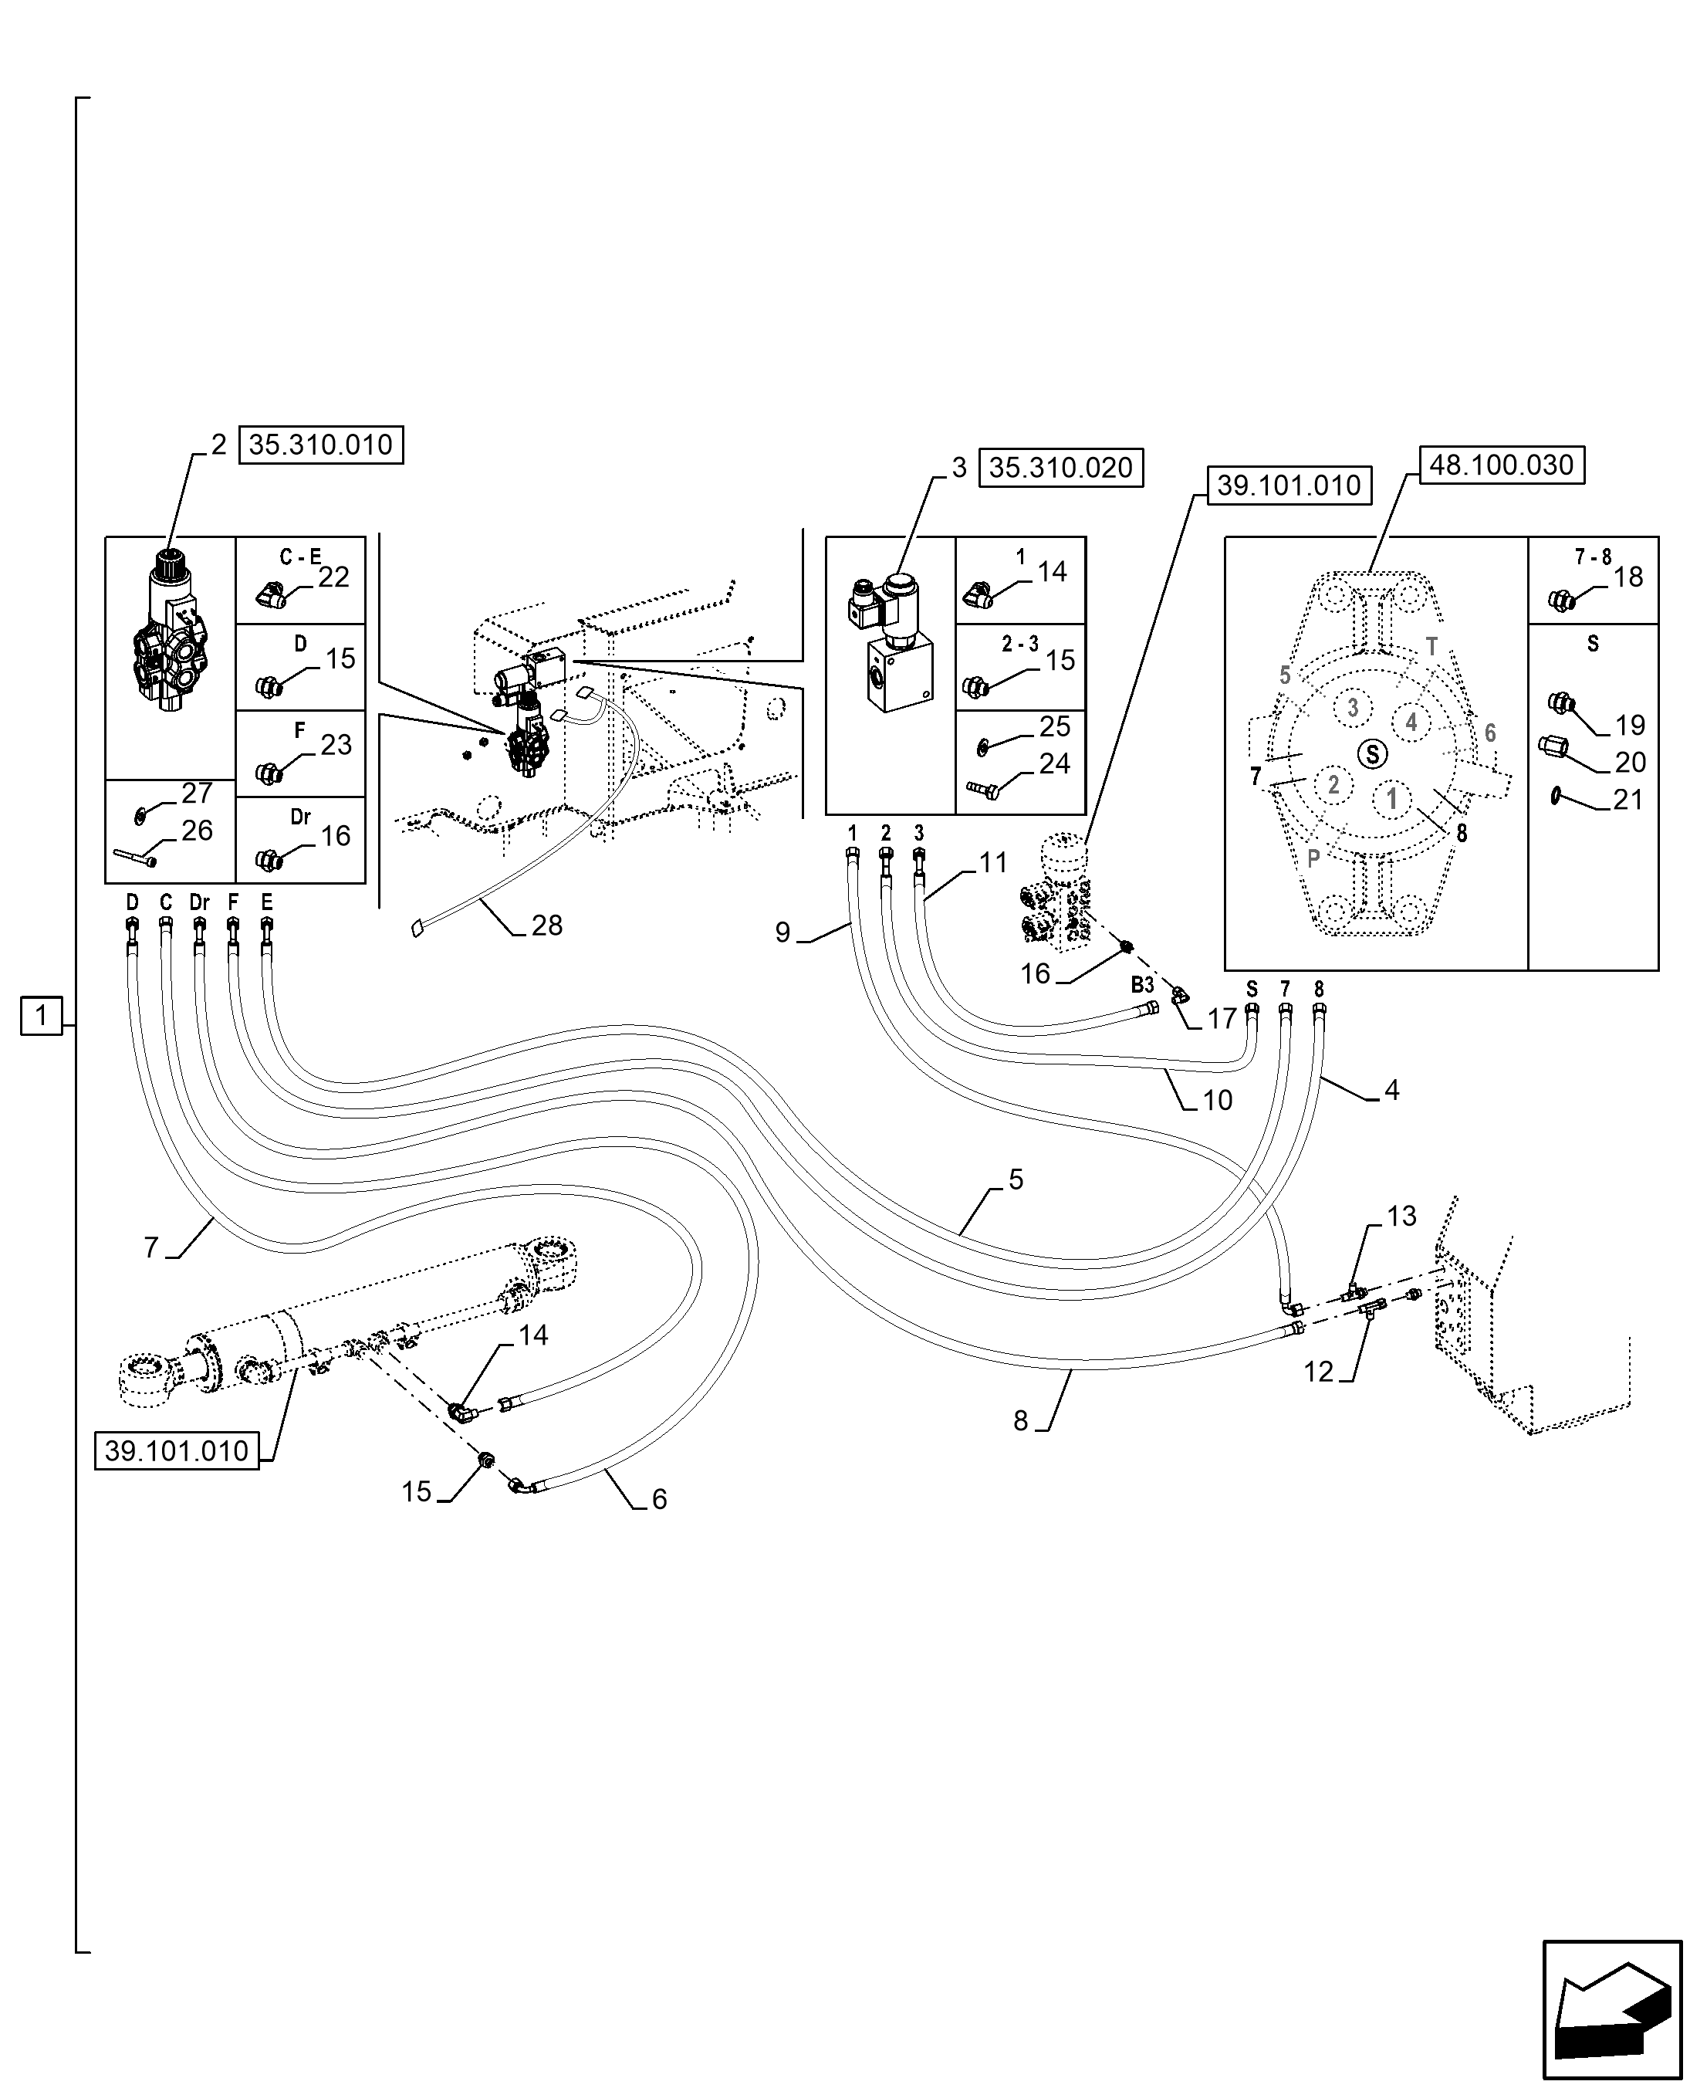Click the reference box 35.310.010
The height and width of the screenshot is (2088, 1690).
pos(320,445)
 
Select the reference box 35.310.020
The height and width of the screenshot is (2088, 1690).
pos(1060,469)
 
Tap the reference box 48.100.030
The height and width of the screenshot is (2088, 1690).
pos(1501,465)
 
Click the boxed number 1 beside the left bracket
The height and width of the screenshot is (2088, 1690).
pos(40,1017)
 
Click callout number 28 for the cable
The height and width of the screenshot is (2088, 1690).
pos(547,926)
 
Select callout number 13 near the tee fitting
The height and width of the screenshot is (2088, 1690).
pos(1401,1217)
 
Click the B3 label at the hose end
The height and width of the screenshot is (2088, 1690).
pos(1142,985)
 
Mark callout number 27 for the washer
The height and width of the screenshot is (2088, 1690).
pos(197,793)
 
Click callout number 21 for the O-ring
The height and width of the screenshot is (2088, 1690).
pos(1627,800)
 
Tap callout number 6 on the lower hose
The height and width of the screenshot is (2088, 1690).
pos(659,1499)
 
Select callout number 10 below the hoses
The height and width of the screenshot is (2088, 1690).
pos(1217,1101)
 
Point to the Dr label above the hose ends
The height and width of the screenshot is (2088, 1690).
pos(200,903)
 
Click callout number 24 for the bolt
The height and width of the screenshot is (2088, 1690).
pos(1054,764)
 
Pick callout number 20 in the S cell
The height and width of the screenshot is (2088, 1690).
pos(1630,763)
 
